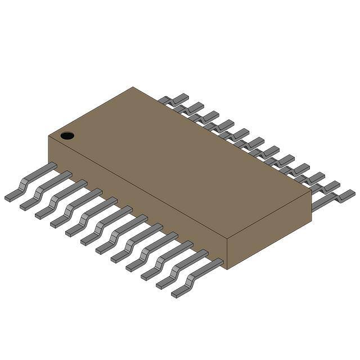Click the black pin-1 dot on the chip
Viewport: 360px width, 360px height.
click(x=67, y=135)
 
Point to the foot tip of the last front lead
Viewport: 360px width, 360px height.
click(x=178, y=294)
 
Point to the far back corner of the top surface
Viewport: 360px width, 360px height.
click(x=133, y=87)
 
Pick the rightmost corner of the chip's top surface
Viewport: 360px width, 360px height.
click(x=311, y=191)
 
